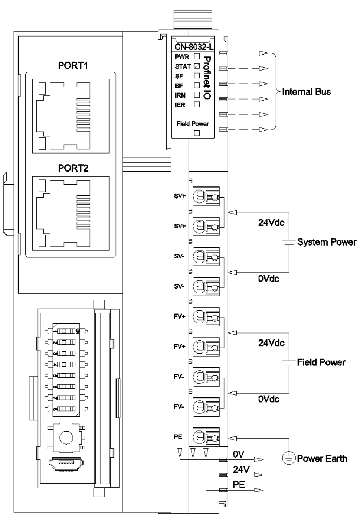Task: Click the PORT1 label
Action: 73,66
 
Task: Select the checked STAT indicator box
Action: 197,66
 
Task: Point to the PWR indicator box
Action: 197,57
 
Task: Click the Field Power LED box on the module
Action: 197,133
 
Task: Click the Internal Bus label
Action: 306,92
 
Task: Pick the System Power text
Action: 327,242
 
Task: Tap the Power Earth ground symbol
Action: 288,458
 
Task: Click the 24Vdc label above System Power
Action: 271,223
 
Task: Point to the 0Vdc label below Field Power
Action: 269,399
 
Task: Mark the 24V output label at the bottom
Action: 241,469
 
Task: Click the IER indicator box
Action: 197,104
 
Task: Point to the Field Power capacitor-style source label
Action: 321,362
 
